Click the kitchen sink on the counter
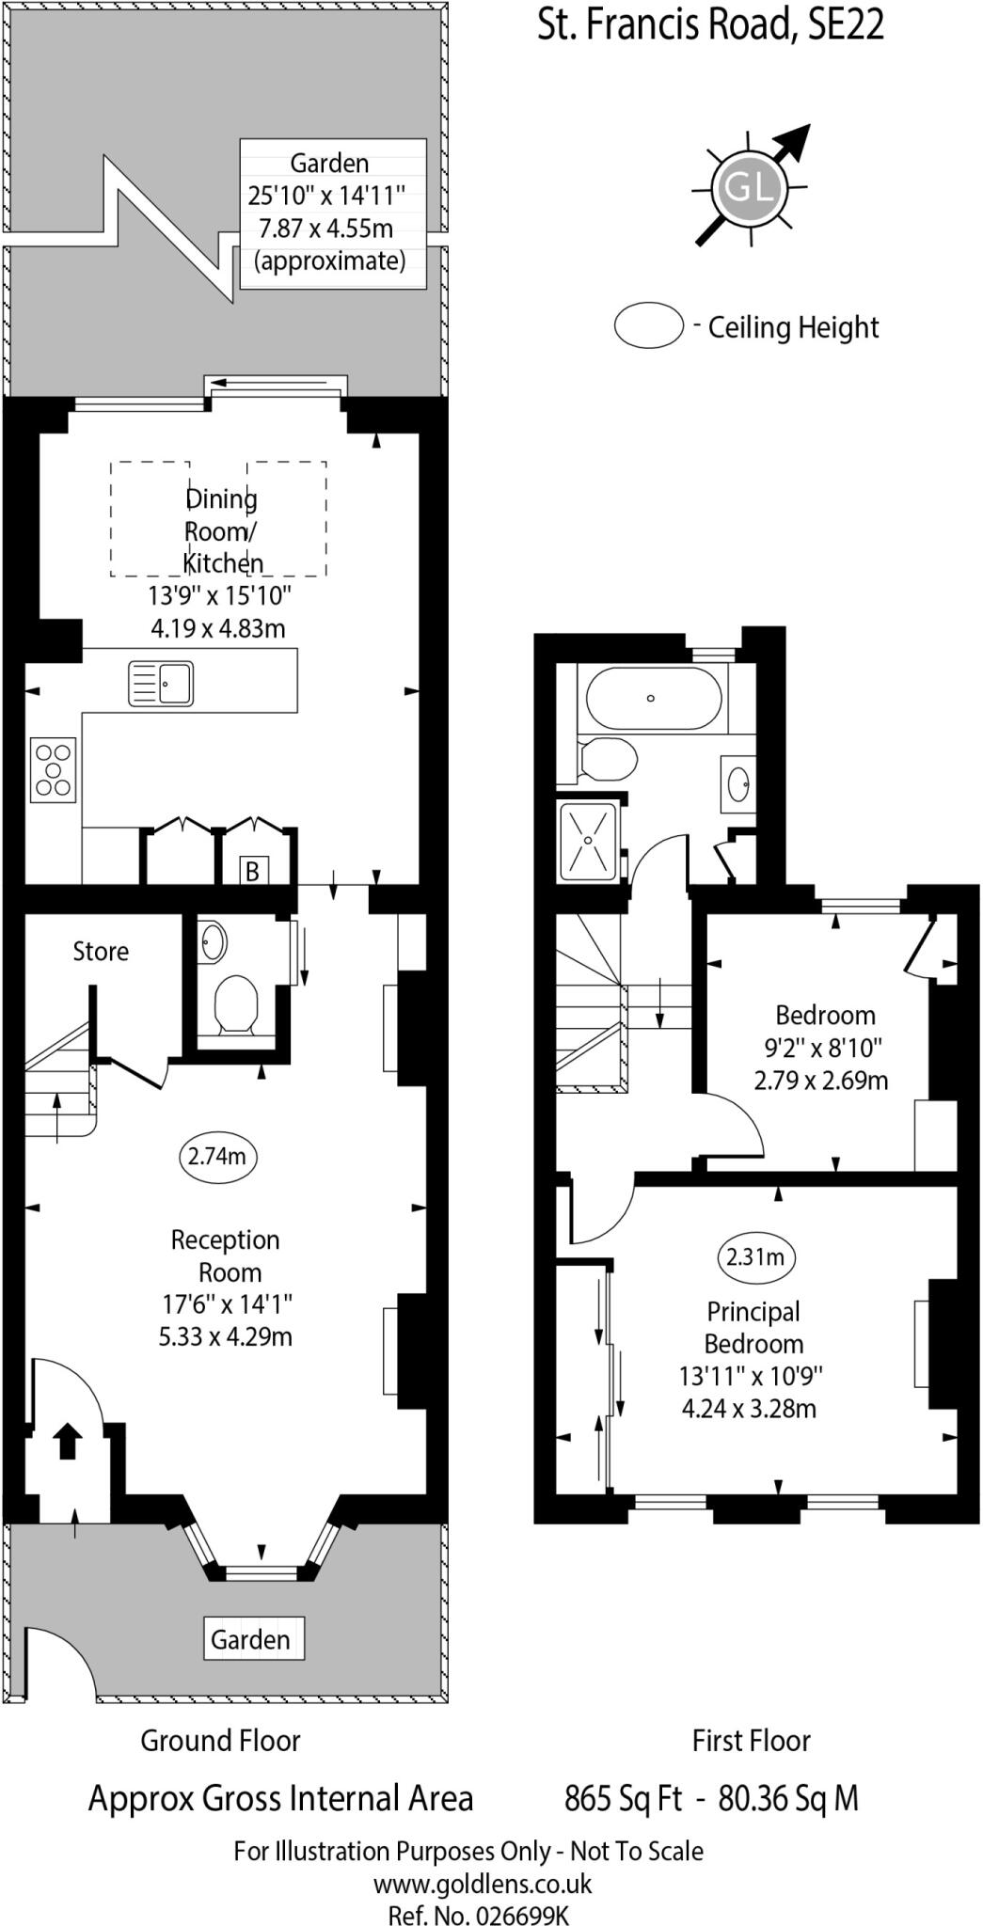click(x=161, y=683)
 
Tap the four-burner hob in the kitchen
click(x=53, y=770)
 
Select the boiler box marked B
click(x=252, y=871)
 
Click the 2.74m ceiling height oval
click(x=217, y=1156)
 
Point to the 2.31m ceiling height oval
click(x=755, y=1256)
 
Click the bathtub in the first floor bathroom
click(x=654, y=699)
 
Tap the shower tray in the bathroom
click(x=589, y=841)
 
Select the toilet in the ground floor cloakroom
click(x=235, y=1003)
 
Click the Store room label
click(x=101, y=952)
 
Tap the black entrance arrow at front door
click(x=67, y=1441)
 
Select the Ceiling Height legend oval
click(x=648, y=325)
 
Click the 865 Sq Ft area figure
click(x=623, y=1799)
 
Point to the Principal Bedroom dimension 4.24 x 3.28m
click(x=749, y=1409)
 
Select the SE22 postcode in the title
click(x=846, y=25)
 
